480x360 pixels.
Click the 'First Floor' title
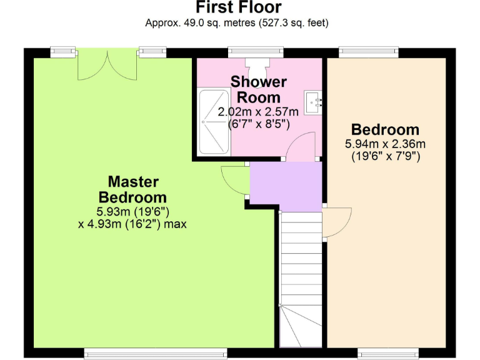tap(238, 8)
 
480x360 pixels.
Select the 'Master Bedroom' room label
tap(133, 189)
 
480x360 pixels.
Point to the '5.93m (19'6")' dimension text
tap(133, 211)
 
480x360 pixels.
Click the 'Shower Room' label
tap(258, 89)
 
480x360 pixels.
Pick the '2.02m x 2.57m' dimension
tap(258, 112)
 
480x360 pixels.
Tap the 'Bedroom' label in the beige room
tap(385, 130)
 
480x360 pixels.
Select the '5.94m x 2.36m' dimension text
tap(385, 144)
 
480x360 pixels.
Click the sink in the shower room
tap(313, 99)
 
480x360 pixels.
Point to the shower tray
tap(213, 121)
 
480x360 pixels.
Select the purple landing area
tap(285, 186)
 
